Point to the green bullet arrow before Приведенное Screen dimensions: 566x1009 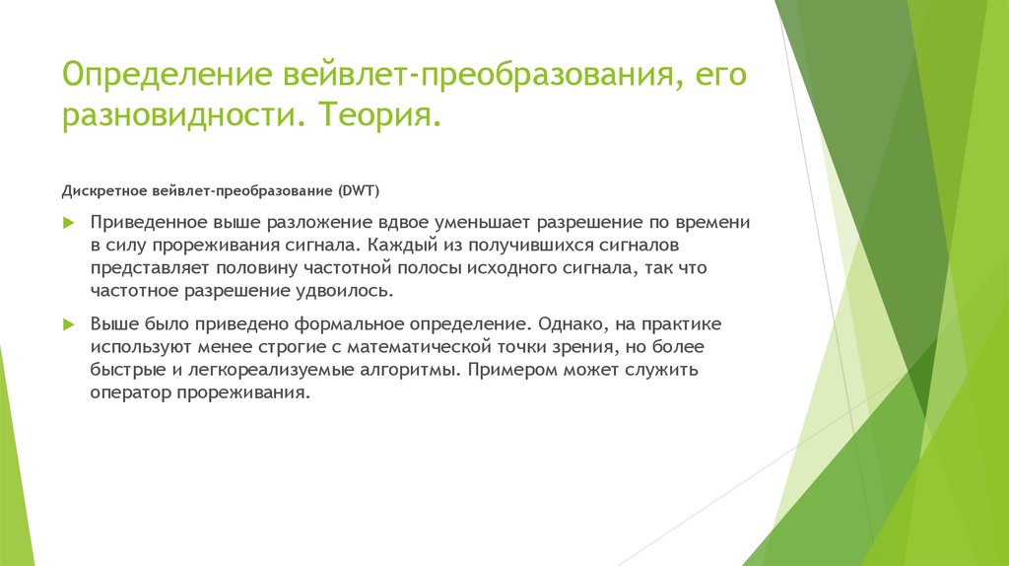pos(68,224)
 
